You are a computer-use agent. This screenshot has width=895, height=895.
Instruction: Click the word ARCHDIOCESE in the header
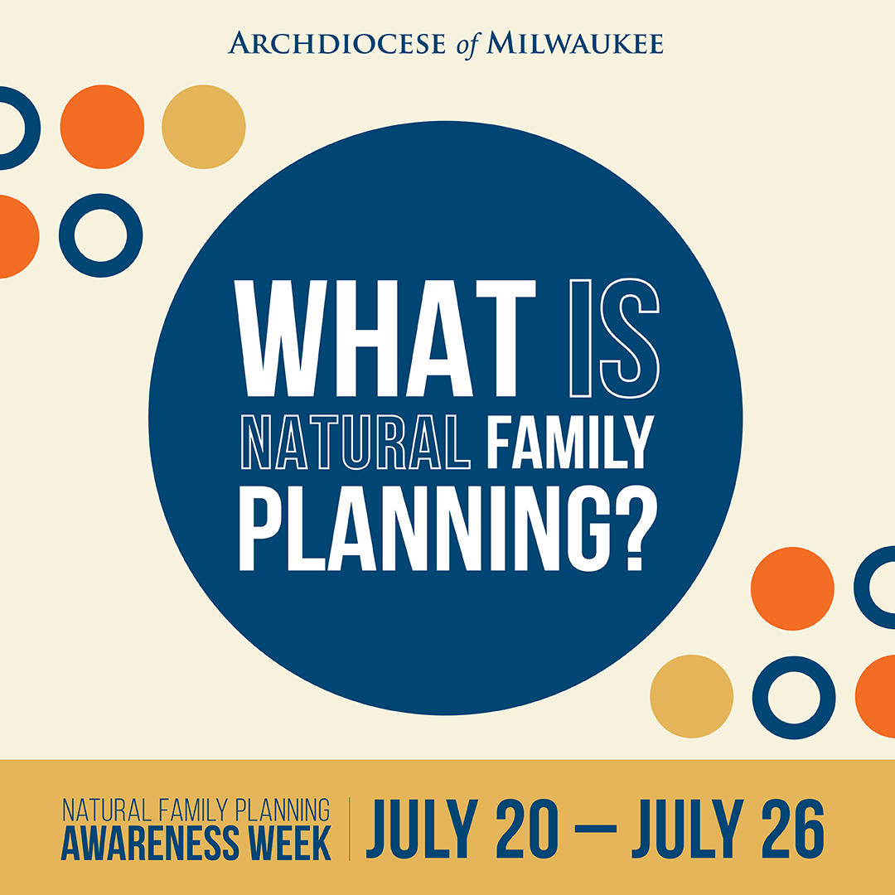[336, 43]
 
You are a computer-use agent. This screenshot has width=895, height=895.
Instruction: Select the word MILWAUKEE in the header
[575, 43]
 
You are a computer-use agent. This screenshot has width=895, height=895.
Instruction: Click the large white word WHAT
[385, 338]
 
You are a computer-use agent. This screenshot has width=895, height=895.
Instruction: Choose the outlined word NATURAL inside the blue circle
[356, 443]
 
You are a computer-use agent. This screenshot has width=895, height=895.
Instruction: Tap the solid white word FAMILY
[570, 443]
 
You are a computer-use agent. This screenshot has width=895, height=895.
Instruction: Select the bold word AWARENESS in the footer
[150, 843]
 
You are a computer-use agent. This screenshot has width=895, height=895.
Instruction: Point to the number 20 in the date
[527, 828]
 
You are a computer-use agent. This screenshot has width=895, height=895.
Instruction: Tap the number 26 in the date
[793, 828]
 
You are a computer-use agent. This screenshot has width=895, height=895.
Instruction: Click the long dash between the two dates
[595, 829]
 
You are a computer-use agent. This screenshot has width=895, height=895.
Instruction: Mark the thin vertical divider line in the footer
[350, 828]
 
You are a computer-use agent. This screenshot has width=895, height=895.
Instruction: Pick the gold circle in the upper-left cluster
[204, 127]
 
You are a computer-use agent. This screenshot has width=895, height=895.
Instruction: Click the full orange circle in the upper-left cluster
[102, 127]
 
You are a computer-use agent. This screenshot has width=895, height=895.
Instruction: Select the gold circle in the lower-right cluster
[692, 696]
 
